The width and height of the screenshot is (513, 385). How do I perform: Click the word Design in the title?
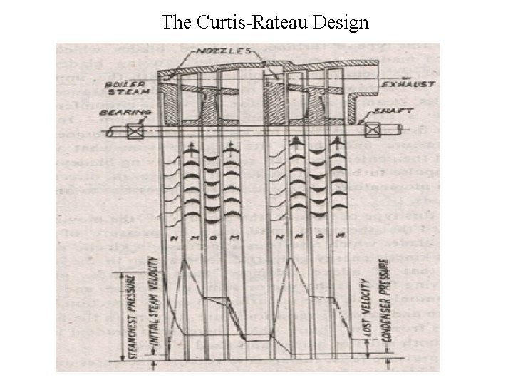pyautogui.click(x=343, y=22)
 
